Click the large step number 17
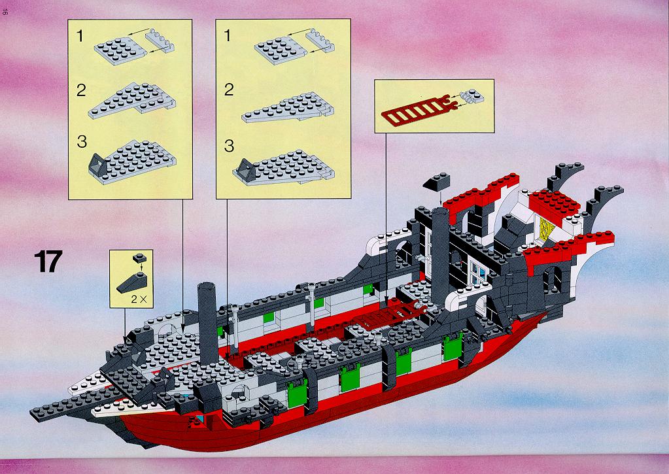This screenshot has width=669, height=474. [48, 261]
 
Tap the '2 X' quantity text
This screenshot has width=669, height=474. [139, 299]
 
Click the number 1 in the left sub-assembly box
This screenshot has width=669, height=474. [80, 36]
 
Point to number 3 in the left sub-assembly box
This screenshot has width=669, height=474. [82, 142]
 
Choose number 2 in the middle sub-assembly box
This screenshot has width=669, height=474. [229, 90]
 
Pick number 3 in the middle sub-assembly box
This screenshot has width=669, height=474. [229, 146]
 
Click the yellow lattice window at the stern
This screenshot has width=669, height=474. [545, 229]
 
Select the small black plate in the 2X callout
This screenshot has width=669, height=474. [139, 258]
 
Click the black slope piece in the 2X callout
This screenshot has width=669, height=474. [132, 283]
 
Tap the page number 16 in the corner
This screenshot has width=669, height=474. [5, 12]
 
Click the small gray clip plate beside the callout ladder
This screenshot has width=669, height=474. [472, 97]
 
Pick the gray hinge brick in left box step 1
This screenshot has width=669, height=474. [160, 41]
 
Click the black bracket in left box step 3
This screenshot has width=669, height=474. [99, 165]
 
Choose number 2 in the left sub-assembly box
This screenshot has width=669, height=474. [81, 90]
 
